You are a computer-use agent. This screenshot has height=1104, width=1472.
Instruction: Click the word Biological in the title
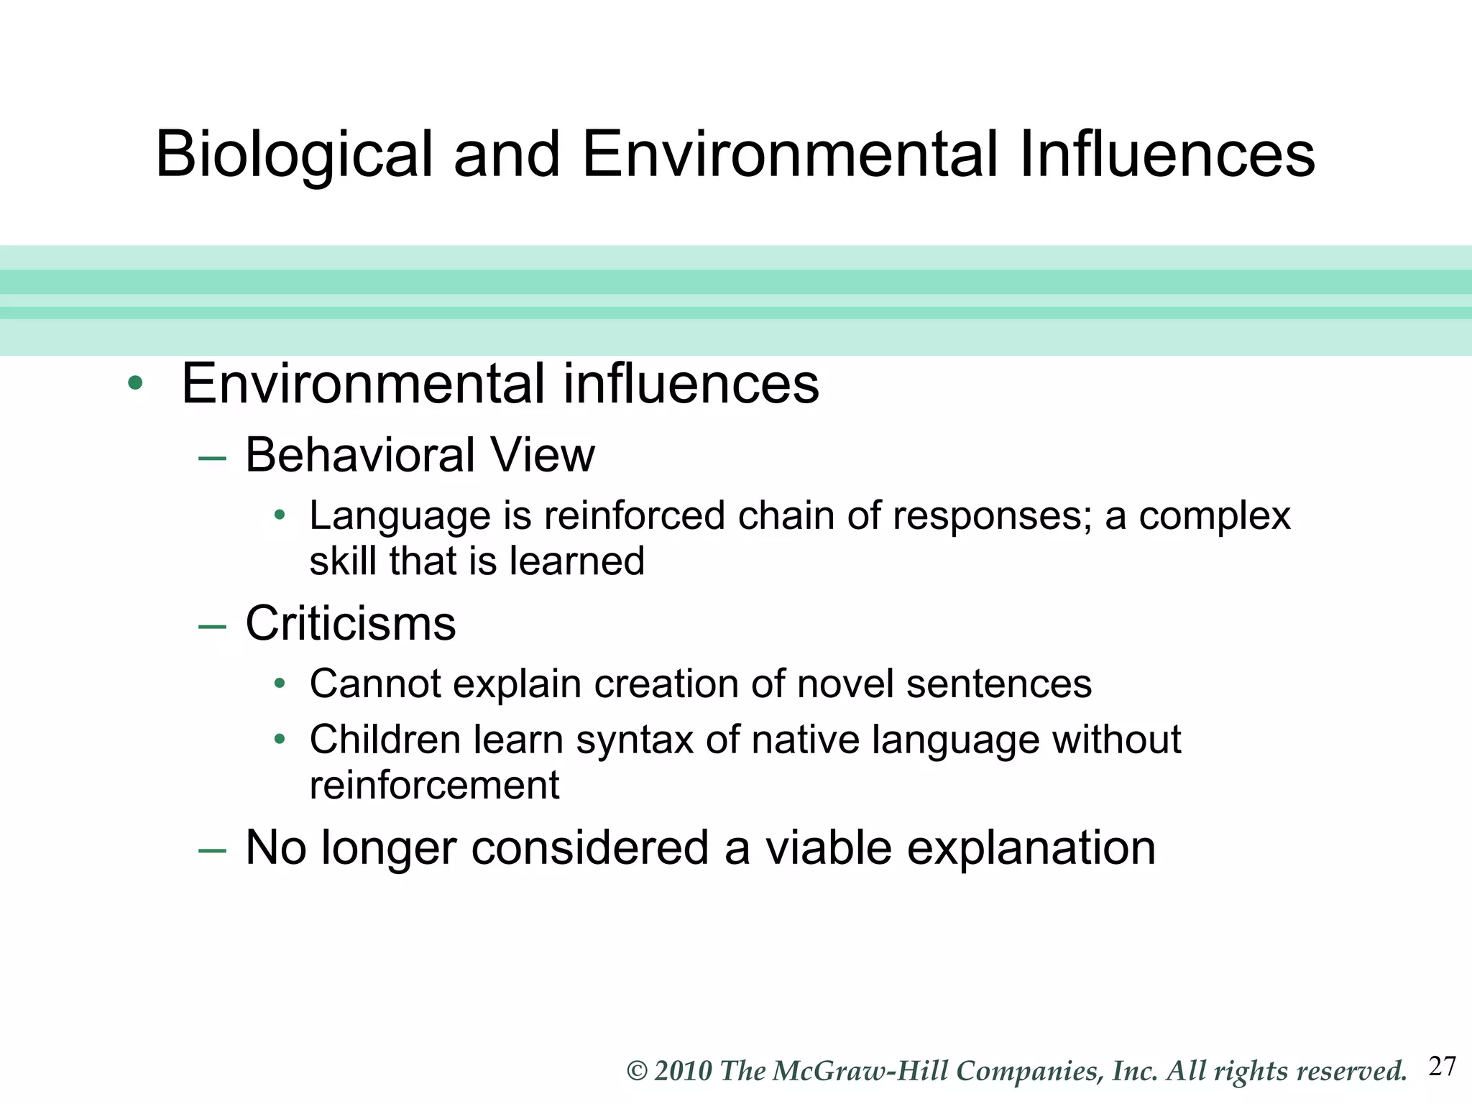pos(295,155)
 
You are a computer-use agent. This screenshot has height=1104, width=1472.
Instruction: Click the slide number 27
pos(1442,1067)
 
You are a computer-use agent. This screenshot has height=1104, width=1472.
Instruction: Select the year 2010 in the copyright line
pos(683,1071)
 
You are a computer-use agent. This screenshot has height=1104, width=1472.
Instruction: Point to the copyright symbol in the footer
pos(638,1071)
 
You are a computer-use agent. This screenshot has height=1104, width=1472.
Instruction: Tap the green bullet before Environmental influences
pos(134,383)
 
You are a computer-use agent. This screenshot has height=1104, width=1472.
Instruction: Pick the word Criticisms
pos(351,623)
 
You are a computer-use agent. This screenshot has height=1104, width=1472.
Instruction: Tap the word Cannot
pos(375,684)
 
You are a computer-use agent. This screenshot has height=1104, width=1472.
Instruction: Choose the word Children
pos(385,740)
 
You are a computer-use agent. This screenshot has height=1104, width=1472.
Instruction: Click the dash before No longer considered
pos(212,851)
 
